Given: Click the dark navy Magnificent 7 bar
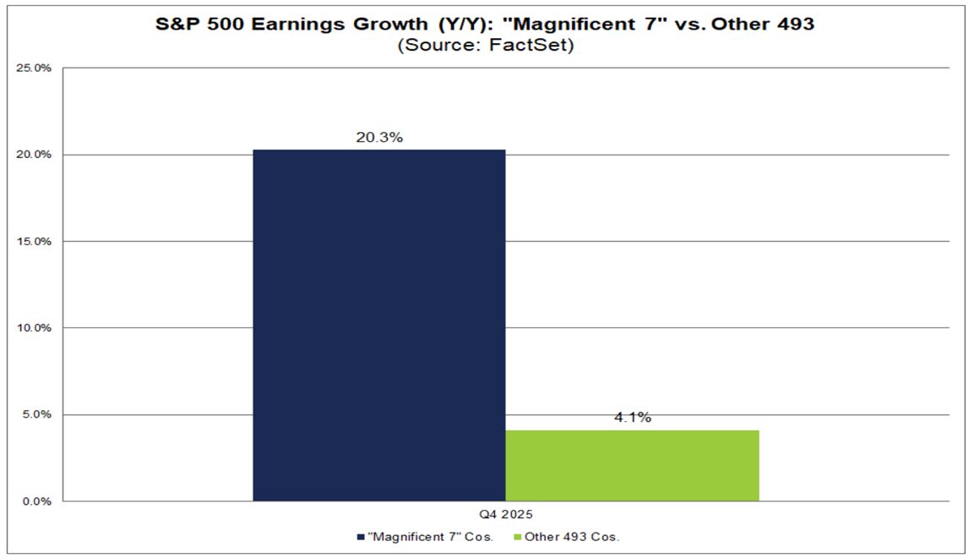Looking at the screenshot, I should click(x=378, y=325).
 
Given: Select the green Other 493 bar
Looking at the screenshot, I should click(x=632, y=465).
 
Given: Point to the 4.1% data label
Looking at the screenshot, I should click(x=632, y=418).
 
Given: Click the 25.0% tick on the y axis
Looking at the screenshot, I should click(x=35, y=68).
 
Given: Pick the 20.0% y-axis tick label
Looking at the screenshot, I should click(x=35, y=155).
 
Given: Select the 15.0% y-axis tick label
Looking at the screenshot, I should click(x=35, y=241).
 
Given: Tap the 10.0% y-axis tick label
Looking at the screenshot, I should click(x=35, y=328).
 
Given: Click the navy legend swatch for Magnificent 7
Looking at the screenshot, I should click(x=361, y=537).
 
